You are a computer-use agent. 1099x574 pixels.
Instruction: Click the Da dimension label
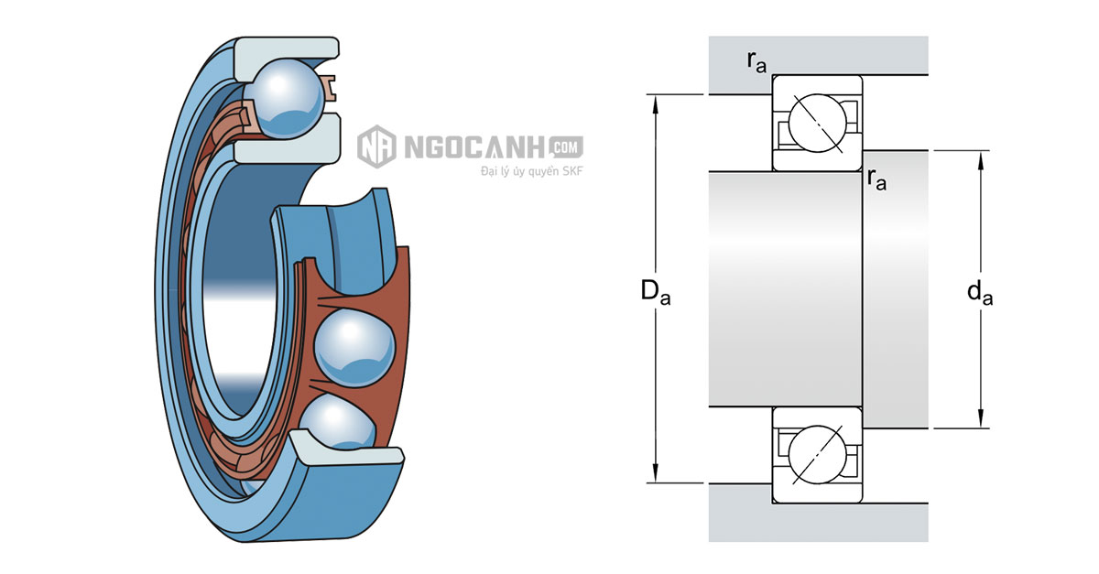coord(656,292)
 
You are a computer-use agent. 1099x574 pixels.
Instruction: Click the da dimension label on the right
coord(980,292)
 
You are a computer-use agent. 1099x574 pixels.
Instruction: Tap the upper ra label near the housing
coord(756,62)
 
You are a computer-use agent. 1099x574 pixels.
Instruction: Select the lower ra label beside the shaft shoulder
coord(876,179)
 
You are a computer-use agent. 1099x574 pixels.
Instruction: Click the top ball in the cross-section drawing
coord(817,124)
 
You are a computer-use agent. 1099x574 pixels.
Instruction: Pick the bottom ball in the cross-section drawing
coord(817,454)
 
